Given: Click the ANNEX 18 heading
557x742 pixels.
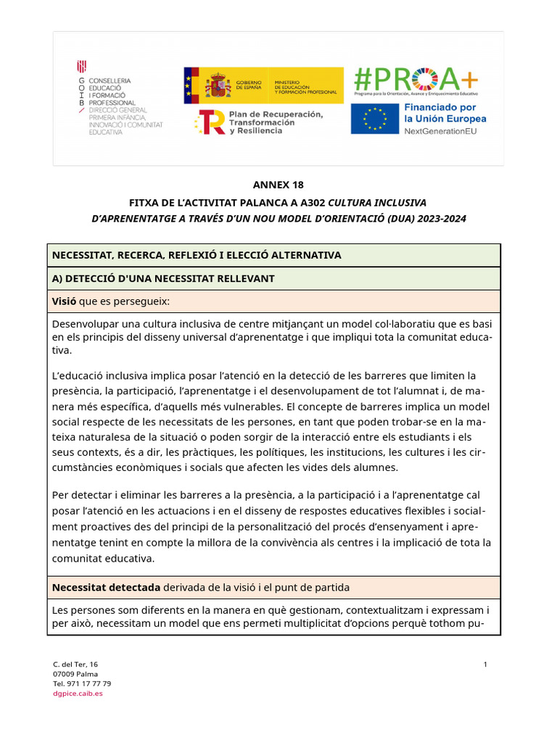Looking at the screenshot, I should point(278,185).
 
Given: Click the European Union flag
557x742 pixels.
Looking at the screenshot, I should point(374,120).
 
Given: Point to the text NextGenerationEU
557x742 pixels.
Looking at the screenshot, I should point(445,131).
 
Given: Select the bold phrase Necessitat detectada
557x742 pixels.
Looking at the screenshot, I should point(107,587).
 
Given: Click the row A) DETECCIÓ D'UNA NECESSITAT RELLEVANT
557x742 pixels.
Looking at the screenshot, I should point(163,278).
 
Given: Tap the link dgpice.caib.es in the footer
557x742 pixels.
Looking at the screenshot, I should point(78,693).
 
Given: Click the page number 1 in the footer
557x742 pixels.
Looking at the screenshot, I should point(485,664).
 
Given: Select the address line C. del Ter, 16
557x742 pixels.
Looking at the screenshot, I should point(75,664).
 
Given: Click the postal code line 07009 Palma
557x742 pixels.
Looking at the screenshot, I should point(75,674).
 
